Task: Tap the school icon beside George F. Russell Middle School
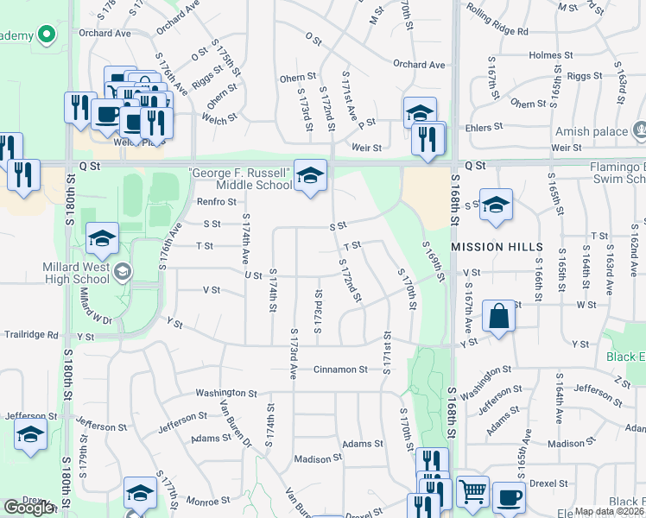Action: coord(310,175)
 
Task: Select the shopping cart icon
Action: coord(472,492)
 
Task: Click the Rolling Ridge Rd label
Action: coord(497,31)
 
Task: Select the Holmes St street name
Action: coord(544,55)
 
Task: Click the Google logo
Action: coord(28,508)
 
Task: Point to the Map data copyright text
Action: coord(608,511)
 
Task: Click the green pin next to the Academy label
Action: coord(46,35)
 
